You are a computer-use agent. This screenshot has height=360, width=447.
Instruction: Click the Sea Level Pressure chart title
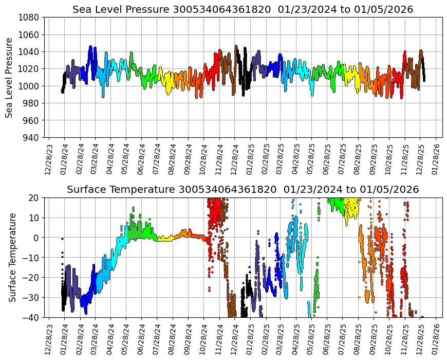(243, 10)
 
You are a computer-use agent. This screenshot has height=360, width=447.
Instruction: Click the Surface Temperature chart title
(243, 190)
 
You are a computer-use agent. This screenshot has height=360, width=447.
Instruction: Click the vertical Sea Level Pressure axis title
(9, 77)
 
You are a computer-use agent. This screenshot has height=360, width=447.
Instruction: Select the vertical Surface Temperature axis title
(12, 257)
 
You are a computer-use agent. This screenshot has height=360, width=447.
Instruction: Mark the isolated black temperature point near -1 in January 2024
(62, 239)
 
